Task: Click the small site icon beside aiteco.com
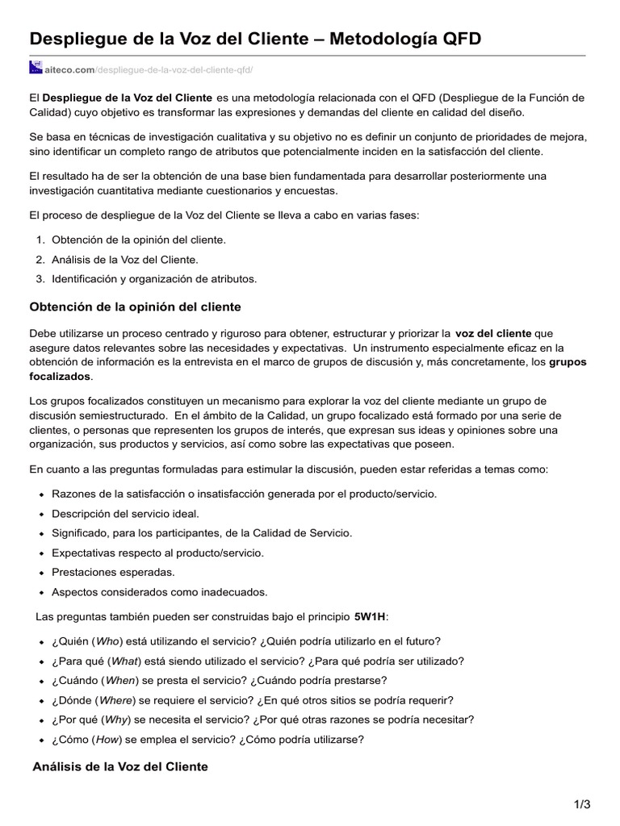click(35, 68)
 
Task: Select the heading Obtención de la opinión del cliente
click(135, 307)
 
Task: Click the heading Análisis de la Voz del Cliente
click(119, 766)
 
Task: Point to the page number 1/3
click(582, 804)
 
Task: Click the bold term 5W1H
click(371, 616)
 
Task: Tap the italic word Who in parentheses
click(107, 641)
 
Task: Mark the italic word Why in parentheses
click(117, 719)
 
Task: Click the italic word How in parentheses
click(108, 738)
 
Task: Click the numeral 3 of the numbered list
click(39, 279)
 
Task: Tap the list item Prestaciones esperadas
click(113, 572)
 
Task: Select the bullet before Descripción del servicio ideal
click(40, 514)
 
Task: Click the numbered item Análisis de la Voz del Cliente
click(124, 260)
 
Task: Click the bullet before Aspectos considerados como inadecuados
click(40, 592)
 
